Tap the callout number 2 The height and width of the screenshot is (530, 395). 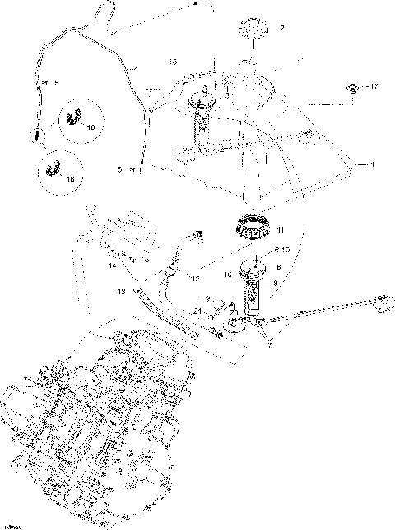pyautogui.click(x=282, y=29)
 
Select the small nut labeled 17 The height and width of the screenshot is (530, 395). pyautogui.click(x=352, y=86)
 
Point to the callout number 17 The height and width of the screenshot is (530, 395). pyautogui.click(x=374, y=86)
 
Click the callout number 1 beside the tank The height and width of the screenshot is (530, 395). pyautogui.click(x=371, y=164)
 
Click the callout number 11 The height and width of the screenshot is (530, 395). pyautogui.click(x=280, y=230)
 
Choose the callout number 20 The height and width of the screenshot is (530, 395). pyautogui.click(x=233, y=312)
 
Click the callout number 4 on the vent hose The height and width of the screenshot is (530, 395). pyautogui.click(x=136, y=67)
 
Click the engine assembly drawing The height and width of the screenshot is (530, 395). pyautogui.click(x=91, y=427)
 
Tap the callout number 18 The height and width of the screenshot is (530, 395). pyautogui.click(x=173, y=62)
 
